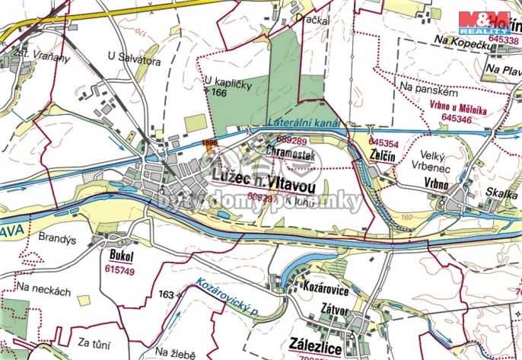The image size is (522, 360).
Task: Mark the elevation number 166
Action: coord(220,92)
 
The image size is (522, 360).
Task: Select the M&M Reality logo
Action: coord(483,23)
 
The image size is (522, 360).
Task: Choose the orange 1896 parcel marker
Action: coord(210,142)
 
